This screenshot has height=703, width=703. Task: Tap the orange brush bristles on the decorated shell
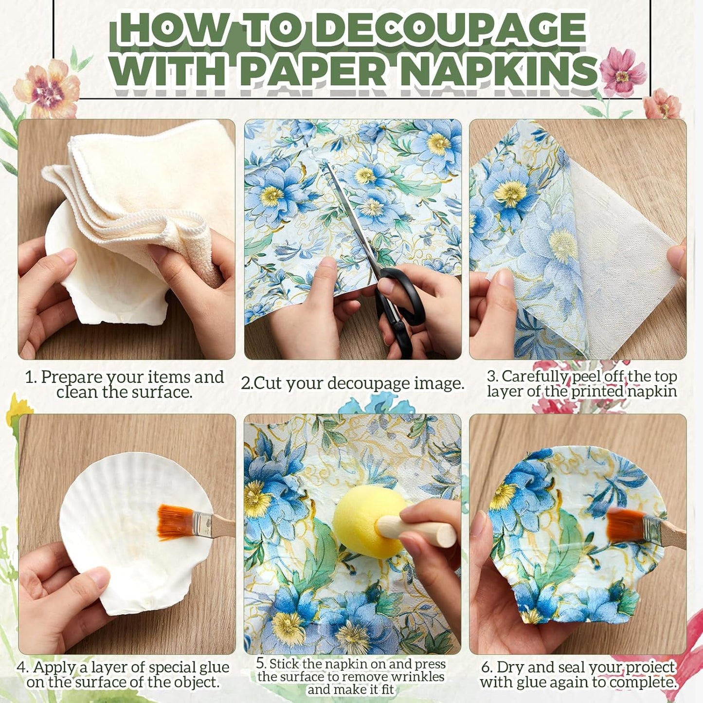[624, 525]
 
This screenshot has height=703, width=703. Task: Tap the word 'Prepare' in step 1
[72, 377]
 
